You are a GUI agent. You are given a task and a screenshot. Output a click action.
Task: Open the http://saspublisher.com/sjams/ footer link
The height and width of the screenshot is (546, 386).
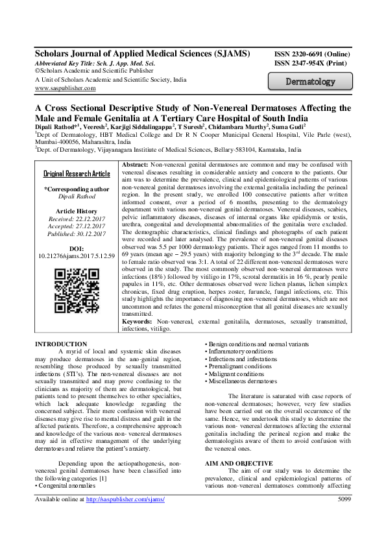pyautogui.click(x=125, y=536)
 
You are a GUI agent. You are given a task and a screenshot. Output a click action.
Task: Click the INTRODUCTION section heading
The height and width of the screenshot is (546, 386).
pyautogui.click(x=60, y=344)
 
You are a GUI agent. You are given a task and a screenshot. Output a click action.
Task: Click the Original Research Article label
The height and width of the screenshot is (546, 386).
pyautogui.click(x=77, y=174)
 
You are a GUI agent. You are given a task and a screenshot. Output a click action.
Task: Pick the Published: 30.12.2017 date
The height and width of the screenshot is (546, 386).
pyautogui.click(x=77, y=234)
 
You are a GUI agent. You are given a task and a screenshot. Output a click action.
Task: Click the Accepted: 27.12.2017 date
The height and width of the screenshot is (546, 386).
pyautogui.click(x=77, y=227)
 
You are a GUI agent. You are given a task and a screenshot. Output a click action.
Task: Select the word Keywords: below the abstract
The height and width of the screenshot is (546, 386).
pyautogui.click(x=138, y=322)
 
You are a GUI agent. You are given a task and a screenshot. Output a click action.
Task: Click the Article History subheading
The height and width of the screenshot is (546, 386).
pyautogui.click(x=77, y=211)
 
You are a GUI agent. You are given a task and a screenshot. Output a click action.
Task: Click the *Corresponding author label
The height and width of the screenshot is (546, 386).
pyautogui.click(x=77, y=189)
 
